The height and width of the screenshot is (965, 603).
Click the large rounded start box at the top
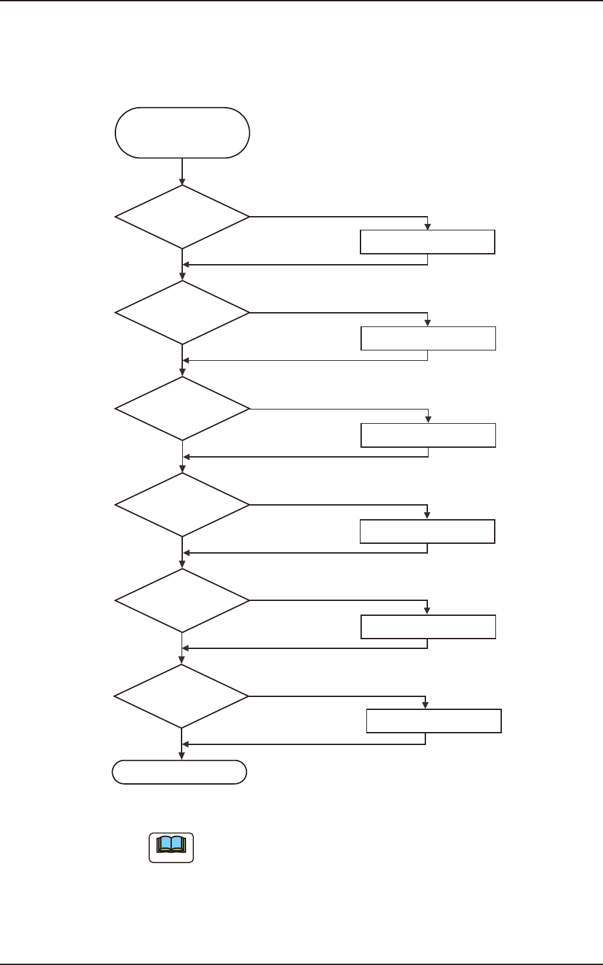point(182,132)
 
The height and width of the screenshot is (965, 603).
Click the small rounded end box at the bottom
point(180,772)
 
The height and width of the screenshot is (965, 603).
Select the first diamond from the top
point(182,217)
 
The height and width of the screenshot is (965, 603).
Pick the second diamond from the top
point(182,312)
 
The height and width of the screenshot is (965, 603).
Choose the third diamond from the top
point(182,409)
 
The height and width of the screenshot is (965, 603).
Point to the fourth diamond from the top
point(182,505)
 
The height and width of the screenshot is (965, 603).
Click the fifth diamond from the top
point(182,600)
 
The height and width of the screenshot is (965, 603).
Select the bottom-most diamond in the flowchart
point(182,696)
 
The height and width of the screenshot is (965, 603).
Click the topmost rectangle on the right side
point(427,241)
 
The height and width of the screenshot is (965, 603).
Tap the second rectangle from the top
point(428,339)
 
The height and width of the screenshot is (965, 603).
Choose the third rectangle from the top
point(428,435)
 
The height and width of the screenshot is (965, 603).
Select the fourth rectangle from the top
point(427,531)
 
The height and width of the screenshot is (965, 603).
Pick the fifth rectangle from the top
point(428,627)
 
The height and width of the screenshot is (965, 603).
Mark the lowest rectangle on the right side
point(434,721)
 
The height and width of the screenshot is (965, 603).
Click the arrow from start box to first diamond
point(182,171)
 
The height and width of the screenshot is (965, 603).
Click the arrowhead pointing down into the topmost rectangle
point(427,226)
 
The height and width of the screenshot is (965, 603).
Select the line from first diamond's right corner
point(337,217)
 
